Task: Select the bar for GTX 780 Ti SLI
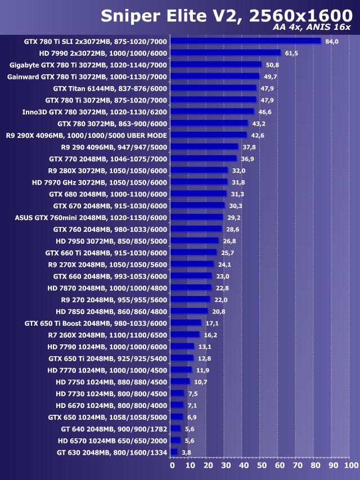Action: [245, 41]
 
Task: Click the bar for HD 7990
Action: [225, 53]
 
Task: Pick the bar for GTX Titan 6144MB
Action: [213, 88]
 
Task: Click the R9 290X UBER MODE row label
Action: [87, 135]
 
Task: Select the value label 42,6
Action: [258, 135]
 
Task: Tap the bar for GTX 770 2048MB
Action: [203, 159]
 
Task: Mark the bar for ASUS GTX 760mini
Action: [196, 217]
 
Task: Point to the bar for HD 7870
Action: [191, 288]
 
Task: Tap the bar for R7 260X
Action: [184, 335]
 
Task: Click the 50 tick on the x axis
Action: [262, 466]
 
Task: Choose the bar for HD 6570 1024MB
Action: [175, 440]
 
